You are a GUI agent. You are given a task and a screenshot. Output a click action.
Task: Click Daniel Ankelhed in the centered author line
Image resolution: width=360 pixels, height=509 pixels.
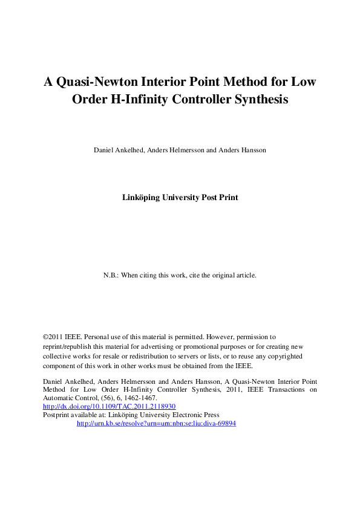coord(118,150)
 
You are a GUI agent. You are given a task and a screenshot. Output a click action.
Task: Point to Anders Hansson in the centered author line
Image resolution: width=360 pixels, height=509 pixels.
coord(241,150)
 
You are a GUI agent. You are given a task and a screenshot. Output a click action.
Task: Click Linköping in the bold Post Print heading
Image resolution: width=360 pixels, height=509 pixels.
coord(144,197)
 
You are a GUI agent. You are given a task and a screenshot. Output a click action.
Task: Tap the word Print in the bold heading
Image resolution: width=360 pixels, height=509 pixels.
coord(227,197)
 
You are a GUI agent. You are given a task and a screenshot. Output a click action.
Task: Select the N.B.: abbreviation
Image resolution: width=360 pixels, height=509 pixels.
coord(111,275)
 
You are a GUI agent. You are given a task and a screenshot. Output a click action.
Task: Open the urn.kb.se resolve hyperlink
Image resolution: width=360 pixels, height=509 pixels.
coord(156,424)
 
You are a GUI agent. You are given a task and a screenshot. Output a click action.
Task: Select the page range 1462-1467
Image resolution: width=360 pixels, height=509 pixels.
coord(139,398)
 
